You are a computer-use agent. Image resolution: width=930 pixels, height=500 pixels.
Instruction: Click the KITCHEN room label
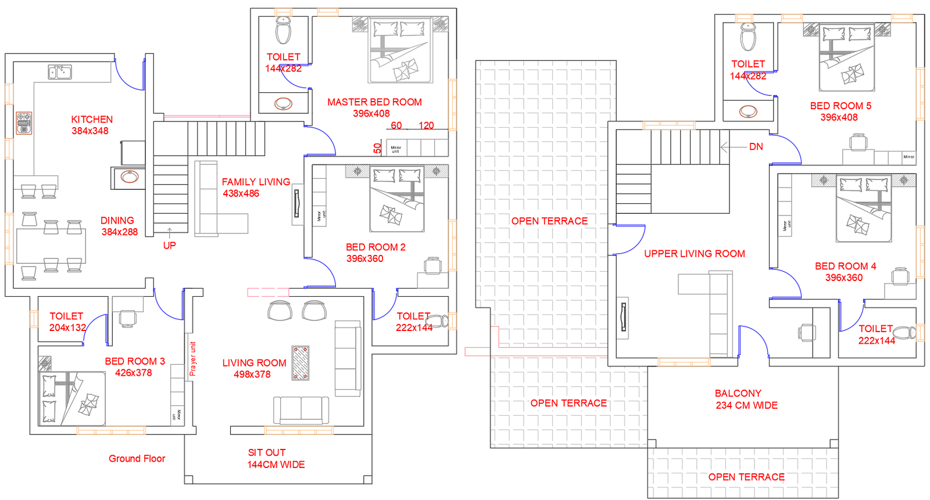[92, 119]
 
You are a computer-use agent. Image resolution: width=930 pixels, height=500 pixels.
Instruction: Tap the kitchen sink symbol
[60, 73]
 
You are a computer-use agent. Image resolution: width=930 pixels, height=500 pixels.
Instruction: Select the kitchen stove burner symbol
[24, 123]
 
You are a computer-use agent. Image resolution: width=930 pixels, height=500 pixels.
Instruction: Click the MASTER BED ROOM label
[374, 102]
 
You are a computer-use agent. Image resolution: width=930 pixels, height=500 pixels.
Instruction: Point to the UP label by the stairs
[169, 246]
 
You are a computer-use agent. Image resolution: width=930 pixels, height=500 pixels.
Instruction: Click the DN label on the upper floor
[756, 147]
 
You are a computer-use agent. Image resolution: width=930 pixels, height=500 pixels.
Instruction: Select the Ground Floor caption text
[137, 459]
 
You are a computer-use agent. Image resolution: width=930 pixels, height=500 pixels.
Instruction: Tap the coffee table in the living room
[300, 363]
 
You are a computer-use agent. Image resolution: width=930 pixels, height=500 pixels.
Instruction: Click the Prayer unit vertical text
[193, 358]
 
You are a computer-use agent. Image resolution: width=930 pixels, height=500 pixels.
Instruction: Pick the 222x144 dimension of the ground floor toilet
[414, 328]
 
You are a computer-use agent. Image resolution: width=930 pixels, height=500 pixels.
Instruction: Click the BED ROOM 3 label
[135, 361]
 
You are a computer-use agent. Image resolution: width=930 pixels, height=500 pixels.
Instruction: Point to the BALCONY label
[738, 394]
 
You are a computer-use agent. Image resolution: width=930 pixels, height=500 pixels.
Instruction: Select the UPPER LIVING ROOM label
[694, 254]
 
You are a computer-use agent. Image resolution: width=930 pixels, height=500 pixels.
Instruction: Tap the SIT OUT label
[267, 452]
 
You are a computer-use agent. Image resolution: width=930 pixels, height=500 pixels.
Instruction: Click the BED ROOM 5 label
[840, 106]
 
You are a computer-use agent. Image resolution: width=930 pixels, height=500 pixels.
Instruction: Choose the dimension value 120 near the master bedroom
[426, 125]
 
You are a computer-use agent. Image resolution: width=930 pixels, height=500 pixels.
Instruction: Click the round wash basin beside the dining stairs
[129, 177]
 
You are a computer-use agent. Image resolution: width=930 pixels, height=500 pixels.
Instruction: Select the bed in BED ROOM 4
[863, 209]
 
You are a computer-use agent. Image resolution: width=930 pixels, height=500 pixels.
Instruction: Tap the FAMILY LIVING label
[256, 182]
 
